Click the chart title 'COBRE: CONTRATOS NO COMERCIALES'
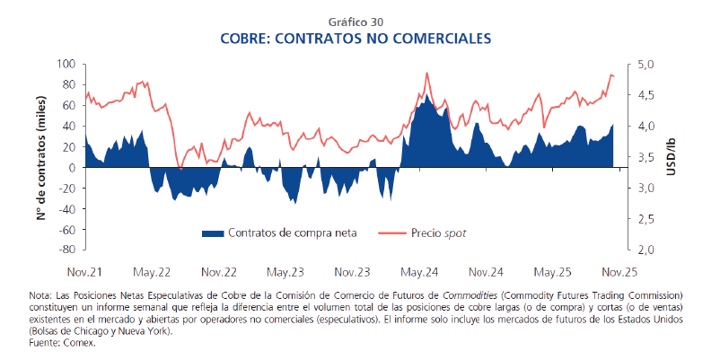pyautogui.click(x=360, y=40)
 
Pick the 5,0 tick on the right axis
pyautogui.click(x=646, y=64)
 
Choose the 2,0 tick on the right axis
pyautogui.click(x=646, y=250)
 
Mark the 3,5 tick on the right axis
pyautogui.click(x=646, y=157)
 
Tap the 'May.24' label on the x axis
pyautogui.click(x=419, y=271)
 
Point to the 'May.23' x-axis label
pyautogui.click(x=286, y=271)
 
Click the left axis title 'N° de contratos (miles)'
pyautogui.click(x=41, y=156)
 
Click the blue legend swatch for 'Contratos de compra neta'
pyautogui.click(x=213, y=233)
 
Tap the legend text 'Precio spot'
pyautogui.click(x=439, y=233)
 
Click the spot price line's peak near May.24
pyautogui.click(x=426, y=74)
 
